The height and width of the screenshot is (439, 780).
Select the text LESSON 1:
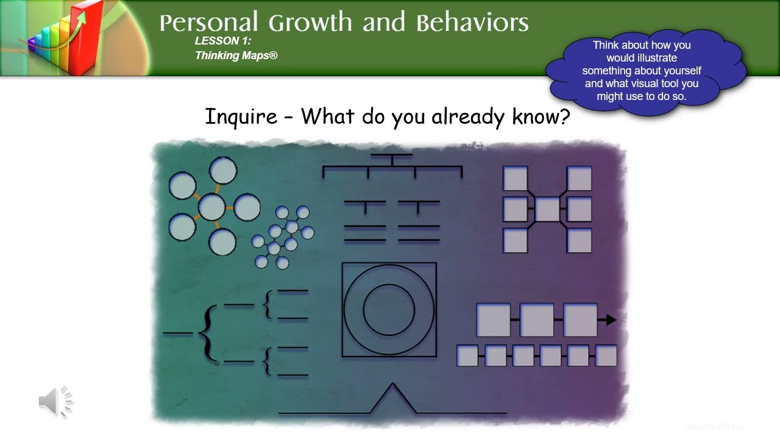[223, 41]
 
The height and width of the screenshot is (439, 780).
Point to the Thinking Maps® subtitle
[236, 55]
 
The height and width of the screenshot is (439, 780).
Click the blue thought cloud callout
[646, 71]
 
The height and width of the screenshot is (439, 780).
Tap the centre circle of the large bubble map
[211, 207]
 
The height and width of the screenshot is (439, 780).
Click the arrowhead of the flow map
[611, 319]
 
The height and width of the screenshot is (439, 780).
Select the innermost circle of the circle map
[389, 309]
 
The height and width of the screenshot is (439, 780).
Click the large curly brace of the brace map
[205, 334]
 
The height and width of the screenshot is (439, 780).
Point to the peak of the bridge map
[393, 385]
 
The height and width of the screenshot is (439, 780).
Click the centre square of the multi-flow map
[547, 210]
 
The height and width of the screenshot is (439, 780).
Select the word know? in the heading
[541, 116]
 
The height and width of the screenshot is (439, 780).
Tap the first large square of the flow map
[493, 320]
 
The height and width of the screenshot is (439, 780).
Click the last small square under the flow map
[606, 355]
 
